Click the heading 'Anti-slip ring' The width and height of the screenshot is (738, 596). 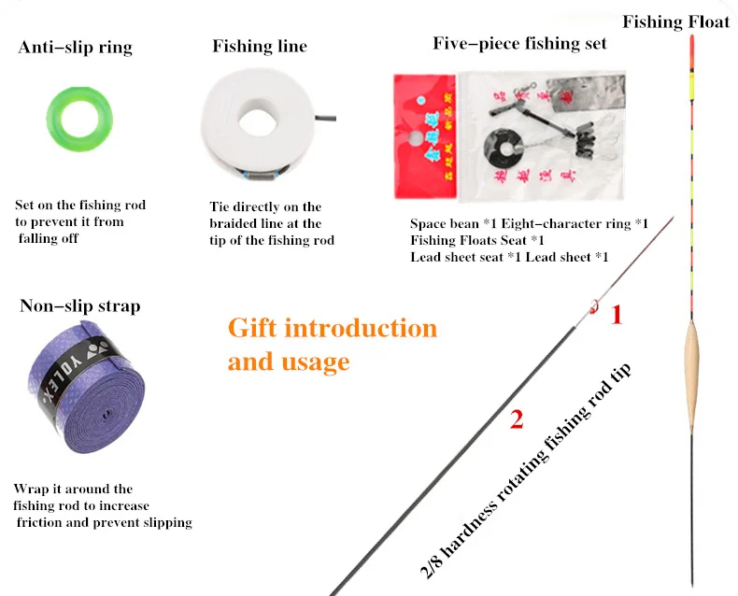pyautogui.click(x=76, y=47)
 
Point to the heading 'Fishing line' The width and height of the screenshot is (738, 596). pyautogui.click(x=260, y=46)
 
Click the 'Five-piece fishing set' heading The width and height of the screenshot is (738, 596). pyautogui.click(x=519, y=43)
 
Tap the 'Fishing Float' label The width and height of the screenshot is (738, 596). pyautogui.click(x=675, y=21)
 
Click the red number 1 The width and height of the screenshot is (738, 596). pyautogui.click(x=616, y=316)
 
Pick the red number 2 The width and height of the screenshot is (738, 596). pyautogui.click(x=516, y=419)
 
